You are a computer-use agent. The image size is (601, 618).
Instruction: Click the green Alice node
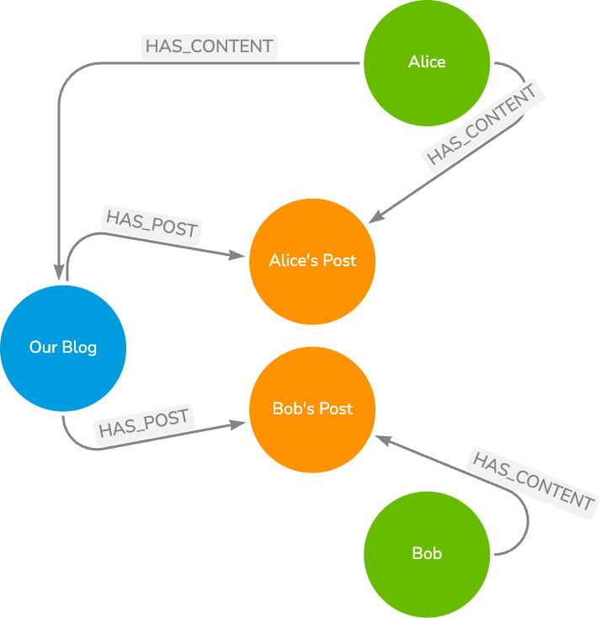427,62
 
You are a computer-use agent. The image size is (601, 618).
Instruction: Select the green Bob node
427,554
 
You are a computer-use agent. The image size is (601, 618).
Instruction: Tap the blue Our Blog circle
63,348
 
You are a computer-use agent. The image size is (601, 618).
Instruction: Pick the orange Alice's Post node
312,261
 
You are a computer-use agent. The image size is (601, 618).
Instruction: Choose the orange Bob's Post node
312,409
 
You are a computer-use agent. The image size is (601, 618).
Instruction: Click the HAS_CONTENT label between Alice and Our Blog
210,47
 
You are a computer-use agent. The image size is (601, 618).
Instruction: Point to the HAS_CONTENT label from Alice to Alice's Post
482,127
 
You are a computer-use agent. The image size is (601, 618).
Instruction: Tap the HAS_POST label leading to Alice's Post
152,223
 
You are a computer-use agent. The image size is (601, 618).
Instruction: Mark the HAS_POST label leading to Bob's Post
146,423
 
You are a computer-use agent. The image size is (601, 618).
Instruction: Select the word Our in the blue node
43,348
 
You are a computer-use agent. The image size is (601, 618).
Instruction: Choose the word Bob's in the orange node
293,409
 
